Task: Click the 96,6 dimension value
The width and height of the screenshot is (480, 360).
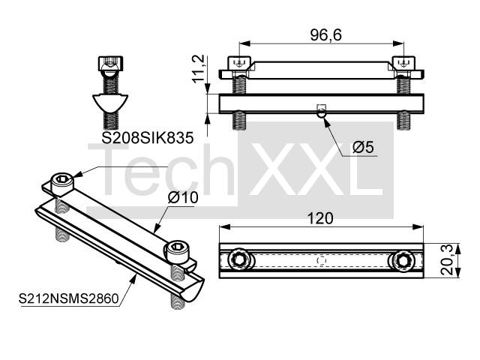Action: (x=325, y=35)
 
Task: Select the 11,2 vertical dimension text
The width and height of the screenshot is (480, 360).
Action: (x=198, y=68)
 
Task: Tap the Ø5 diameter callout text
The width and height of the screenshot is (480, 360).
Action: (x=363, y=147)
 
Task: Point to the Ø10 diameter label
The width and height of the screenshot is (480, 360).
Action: (x=183, y=198)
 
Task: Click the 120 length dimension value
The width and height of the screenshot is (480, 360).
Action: (x=320, y=218)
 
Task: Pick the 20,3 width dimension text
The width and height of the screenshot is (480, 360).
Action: (x=447, y=260)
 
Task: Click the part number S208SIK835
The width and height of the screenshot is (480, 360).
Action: (x=148, y=138)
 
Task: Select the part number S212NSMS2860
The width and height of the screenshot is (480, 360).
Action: (x=68, y=298)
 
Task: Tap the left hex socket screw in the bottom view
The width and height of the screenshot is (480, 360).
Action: (x=239, y=260)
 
